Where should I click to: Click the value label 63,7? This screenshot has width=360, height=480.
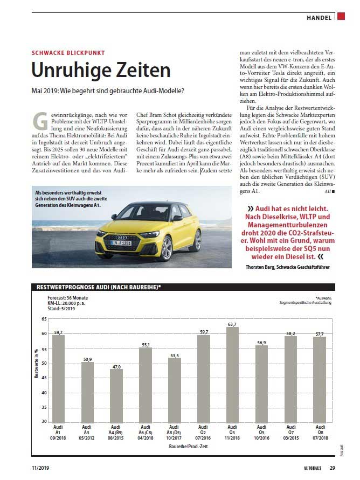(232, 324)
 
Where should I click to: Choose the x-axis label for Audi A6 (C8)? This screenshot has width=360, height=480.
(146, 433)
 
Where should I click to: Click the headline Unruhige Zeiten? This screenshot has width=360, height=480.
(101, 70)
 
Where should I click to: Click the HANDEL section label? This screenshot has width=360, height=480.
(320, 18)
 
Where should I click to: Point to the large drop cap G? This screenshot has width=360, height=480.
(40, 121)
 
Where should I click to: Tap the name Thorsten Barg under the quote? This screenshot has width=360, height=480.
(262, 267)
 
